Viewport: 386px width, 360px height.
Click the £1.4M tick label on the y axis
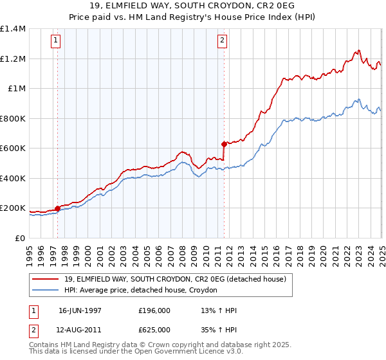(x=13, y=29)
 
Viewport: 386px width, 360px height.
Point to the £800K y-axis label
(x=13, y=118)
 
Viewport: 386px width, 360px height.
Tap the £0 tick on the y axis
(x=19, y=238)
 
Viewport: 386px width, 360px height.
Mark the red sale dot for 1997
(x=57, y=208)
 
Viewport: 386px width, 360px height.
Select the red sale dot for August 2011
(x=224, y=144)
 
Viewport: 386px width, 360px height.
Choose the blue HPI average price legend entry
(x=141, y=291)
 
